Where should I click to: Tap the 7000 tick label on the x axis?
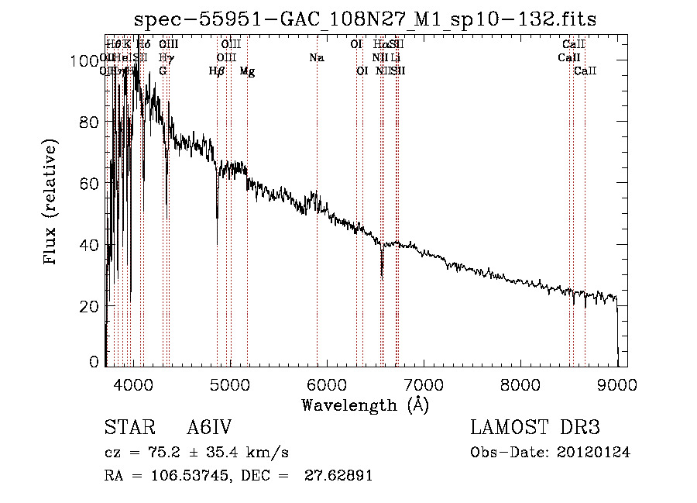point(424,382)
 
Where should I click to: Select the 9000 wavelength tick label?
point(617,382)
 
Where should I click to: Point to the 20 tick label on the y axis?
point(91,306)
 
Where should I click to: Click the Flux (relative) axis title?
point(52,203)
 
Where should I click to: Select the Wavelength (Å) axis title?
point(365,405)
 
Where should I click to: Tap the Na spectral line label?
point(316,58)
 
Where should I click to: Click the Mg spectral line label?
point(247,71)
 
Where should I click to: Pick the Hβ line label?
point(217,71)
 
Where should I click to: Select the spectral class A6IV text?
point(209,429)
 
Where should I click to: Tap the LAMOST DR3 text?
point(535,429)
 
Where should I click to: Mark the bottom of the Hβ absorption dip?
point(217,219)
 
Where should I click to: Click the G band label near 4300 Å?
point(163,71)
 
